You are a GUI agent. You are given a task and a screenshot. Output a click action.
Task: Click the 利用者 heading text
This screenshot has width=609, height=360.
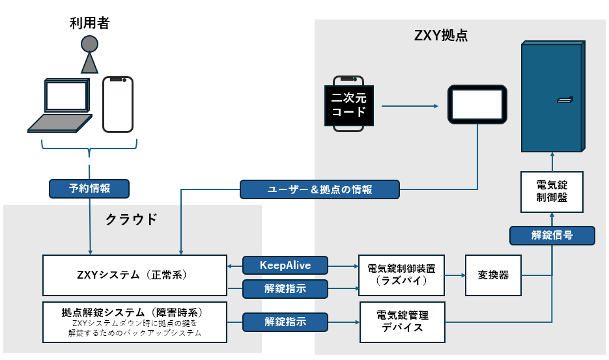[89, 24]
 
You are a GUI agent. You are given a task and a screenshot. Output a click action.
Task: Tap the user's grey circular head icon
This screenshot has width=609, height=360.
[89, 44]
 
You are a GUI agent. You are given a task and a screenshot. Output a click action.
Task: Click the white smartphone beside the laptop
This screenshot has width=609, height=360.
[118, 104]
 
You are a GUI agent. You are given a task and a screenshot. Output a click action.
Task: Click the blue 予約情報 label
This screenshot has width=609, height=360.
[89, 189]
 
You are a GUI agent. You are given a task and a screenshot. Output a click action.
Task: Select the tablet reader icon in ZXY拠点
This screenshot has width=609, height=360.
[477, 104]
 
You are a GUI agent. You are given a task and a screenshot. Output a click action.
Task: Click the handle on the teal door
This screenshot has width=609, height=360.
[563, 100]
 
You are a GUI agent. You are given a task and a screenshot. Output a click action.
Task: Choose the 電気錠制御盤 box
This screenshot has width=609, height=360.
[552, 191]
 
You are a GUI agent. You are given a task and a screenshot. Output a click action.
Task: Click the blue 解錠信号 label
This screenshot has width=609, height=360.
[552, 235]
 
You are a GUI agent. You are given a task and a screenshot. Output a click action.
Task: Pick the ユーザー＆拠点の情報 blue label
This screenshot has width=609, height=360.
[320, 189]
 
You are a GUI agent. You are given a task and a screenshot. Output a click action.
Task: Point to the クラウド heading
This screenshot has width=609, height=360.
[132, 219]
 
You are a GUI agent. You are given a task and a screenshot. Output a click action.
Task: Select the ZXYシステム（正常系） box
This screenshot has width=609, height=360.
[135, 275]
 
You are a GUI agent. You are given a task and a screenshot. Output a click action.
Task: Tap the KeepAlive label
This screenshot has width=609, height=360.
[285, 265]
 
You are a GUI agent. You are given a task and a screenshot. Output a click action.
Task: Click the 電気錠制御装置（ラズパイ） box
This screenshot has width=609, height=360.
[401, 275]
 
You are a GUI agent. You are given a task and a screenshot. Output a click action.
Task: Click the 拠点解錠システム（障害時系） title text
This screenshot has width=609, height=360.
[134, 311]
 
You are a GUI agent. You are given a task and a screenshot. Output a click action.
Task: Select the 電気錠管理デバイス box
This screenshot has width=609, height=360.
[403, 322]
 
